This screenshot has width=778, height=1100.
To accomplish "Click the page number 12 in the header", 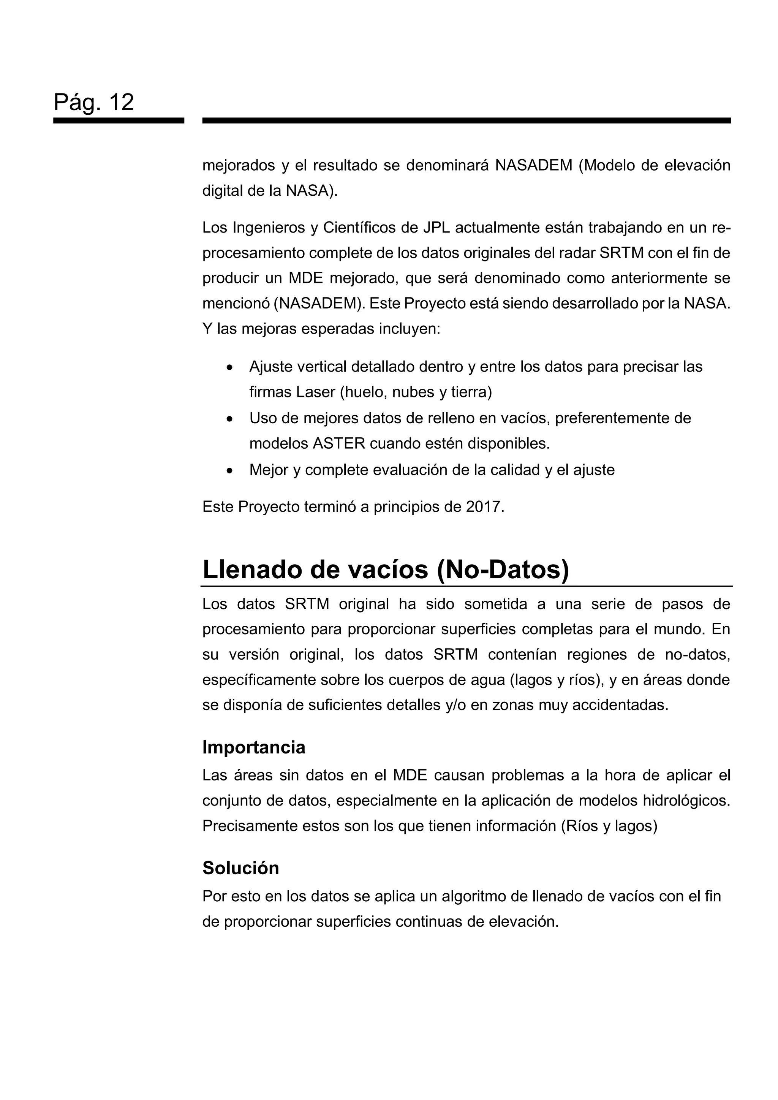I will [121, 102].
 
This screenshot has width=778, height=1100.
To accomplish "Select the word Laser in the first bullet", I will [316, 393].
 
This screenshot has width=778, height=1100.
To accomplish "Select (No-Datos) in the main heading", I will [503, 570].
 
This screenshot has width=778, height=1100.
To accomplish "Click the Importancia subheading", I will [253, 747].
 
